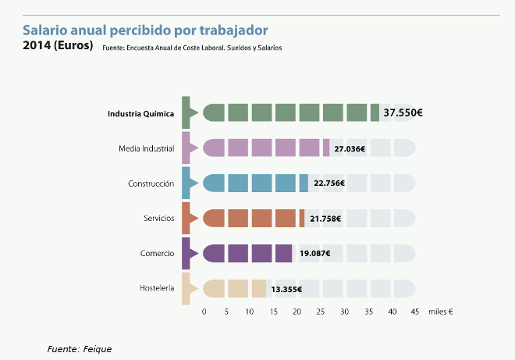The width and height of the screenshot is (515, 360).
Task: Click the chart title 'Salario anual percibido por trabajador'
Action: (x=145, y=30)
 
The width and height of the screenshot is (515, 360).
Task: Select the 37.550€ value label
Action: (x=403, y=112)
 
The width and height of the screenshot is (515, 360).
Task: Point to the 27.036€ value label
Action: (x=350, y=148)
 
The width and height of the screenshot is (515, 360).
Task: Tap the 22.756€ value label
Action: (x=329, y=184)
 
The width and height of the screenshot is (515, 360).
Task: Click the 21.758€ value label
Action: (x=325, y=219)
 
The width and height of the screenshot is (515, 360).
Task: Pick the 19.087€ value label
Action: (x=315, y=253)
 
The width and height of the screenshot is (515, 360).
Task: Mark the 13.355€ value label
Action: (x=286, y=289)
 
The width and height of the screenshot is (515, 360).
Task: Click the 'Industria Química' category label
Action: (x=140, y=112)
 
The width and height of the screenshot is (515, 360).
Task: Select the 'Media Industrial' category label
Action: (x=146, y=148)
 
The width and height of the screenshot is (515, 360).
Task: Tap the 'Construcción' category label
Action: (x=151, y=184)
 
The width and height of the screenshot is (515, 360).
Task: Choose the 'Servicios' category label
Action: (x=158, y=219)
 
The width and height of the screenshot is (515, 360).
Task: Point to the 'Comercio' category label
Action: (x=157, y=253)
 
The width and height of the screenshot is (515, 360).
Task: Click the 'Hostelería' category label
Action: (x=156, y=289)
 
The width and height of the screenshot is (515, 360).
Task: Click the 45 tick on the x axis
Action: (x=414, y=312)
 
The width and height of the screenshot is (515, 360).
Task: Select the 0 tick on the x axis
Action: (x=204, y=312)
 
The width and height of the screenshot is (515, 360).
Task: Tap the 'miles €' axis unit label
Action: (x=441, y=312)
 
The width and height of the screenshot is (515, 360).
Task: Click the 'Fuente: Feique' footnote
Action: (x=79, y=348)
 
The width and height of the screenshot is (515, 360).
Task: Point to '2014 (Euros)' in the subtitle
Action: (x=58, y=45)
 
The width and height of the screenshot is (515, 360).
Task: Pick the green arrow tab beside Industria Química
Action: (x=186, y=112)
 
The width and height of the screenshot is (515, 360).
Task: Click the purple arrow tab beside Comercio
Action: (x=186, y=253)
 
